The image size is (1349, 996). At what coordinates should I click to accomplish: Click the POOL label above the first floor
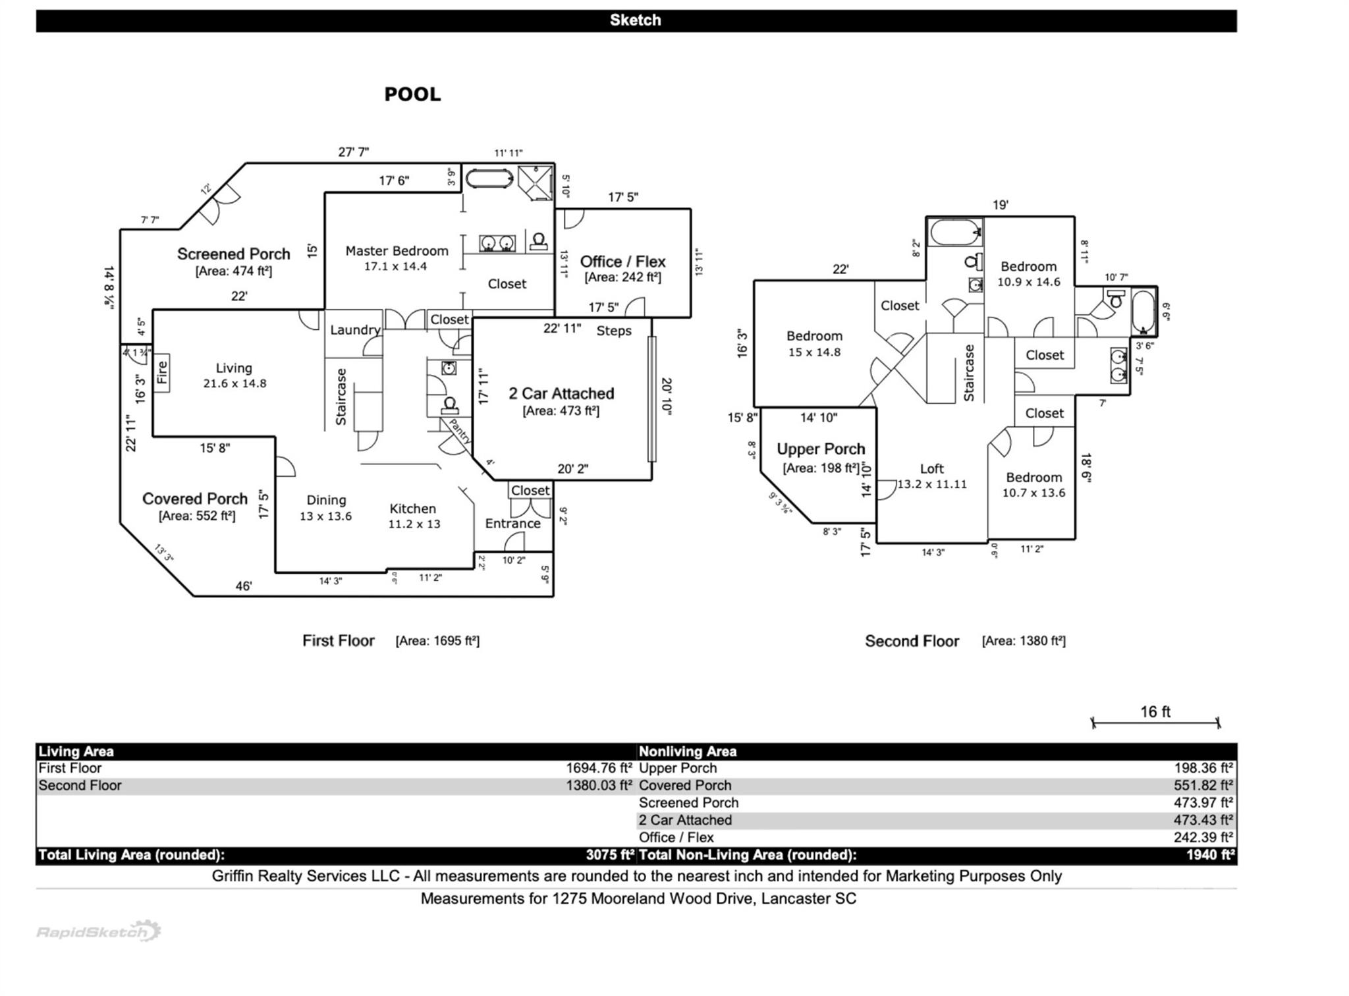coord(412,94)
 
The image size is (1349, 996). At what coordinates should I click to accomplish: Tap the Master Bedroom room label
coord(397,251)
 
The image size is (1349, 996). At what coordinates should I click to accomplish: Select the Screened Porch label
coord(233,254)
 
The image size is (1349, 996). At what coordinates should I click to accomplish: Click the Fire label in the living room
coord(162,373)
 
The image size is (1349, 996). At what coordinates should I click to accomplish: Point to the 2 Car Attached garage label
coord(561,394)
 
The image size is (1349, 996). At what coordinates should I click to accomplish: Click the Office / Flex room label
coord(622,262)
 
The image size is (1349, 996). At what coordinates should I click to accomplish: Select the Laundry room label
coord(354,330)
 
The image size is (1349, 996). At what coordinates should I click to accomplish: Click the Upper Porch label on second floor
coord(820,449)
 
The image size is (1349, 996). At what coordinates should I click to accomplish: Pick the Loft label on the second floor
coord(931,468)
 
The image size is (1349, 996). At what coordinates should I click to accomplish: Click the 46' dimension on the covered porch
coord(243,586)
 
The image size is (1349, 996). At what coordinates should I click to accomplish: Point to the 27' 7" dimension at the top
coord(354,152)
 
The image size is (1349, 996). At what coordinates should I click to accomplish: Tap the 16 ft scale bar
coord(1155,722)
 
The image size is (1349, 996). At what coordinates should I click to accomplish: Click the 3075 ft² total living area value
coord(609,855)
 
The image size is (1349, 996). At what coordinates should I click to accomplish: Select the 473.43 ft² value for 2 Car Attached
coord(1203,820)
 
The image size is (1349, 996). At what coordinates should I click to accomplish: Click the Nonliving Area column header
coord(687,752)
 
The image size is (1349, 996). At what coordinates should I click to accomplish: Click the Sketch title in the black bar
coord(635,20)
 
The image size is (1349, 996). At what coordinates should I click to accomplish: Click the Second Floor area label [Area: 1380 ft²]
coord(1023,641)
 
